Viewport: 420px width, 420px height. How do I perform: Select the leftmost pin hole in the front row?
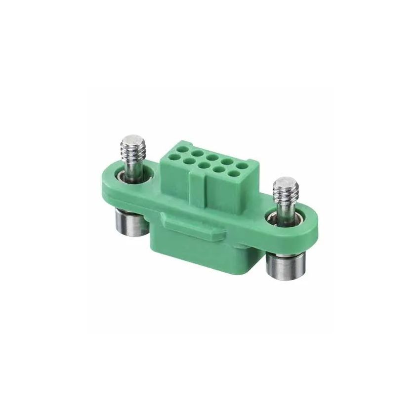click(189, 161)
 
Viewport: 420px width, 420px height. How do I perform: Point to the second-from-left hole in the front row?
click(202, 165)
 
